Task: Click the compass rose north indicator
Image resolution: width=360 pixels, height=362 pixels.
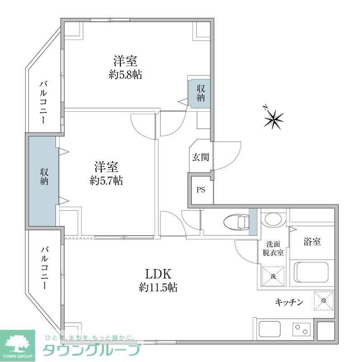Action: click(274, 119)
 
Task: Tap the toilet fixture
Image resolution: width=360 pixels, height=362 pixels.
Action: click(237, 222)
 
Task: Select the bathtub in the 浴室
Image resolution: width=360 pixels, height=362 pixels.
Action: click(313, 272)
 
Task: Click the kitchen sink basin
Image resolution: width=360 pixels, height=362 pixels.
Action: click(270, 329)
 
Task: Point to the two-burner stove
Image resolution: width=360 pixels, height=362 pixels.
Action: click(302, 329)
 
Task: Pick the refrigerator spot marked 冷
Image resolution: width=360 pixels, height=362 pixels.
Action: click(324, 300)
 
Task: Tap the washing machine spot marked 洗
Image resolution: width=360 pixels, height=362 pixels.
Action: click(273, 276)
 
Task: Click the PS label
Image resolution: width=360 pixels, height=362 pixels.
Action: click(201, 190)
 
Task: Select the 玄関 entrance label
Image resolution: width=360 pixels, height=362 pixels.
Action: click(200, 157)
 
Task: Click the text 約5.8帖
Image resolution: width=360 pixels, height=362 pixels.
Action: click(125, 75)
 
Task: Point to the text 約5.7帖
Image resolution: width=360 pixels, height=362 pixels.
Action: click(106, 181)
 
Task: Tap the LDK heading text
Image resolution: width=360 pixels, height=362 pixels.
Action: click(158, 274)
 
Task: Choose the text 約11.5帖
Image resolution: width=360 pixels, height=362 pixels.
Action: click(158, 287)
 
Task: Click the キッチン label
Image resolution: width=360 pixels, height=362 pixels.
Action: click(289, 302)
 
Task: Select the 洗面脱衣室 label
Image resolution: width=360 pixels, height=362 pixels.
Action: click(273, 248)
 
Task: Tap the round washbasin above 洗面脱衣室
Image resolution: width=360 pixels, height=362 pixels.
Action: click(273, 219)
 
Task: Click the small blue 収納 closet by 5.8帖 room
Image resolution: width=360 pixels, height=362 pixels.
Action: click(200, 93)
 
